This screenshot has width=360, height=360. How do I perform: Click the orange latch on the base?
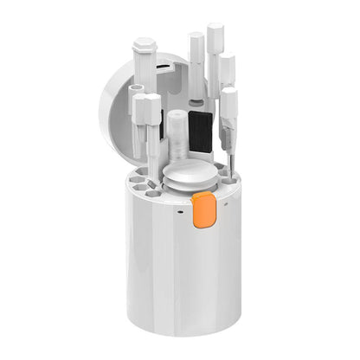click(x=204, y=210)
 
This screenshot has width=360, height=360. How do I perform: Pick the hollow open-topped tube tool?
click(x=136, y=93)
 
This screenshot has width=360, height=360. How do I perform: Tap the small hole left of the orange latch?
click(x=180, y=209)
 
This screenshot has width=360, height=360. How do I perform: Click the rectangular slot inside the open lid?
click(x=164, y=65)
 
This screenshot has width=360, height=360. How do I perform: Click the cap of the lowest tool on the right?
click(x=228, y=99)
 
